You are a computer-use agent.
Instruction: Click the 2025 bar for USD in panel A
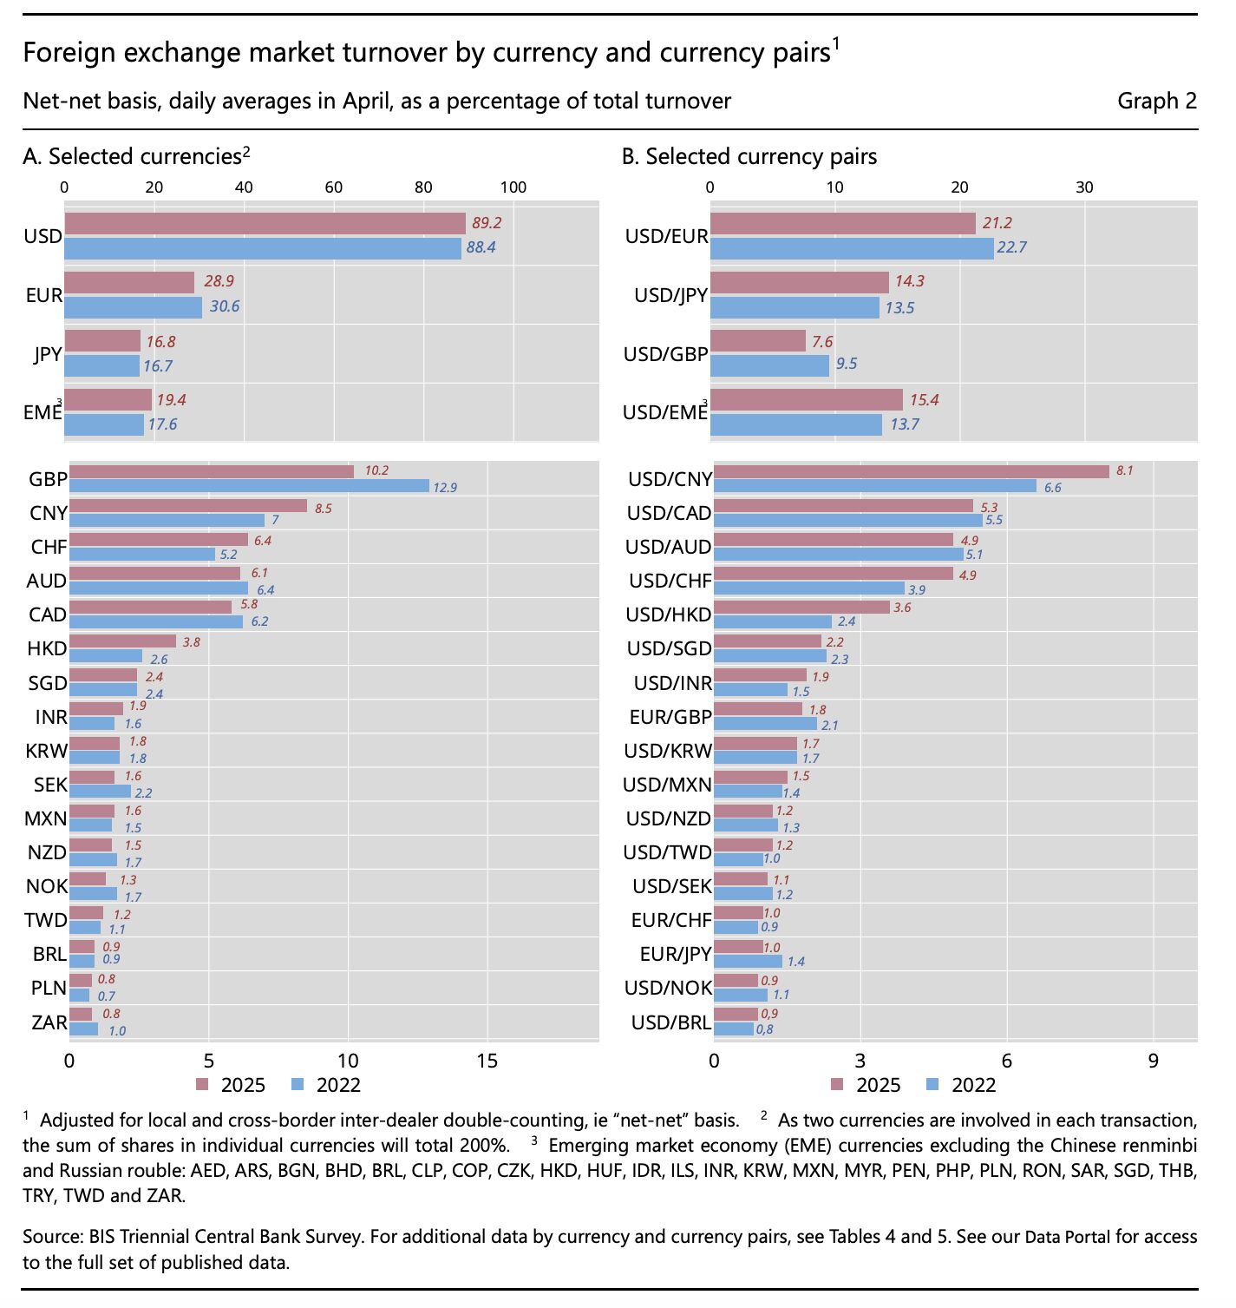pyautogui.click(x=265, y=224)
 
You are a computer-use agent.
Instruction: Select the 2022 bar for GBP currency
pyautogui.click(x=249, y=486)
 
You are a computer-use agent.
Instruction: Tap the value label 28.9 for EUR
pyautogui.click(x=219, y=281)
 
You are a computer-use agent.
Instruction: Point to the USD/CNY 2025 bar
pyautogui.click(x=911, y=471)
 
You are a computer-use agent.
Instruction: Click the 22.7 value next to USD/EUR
pyautogui.click(x=1011, y=247)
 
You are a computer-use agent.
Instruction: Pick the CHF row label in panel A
pyautogui.click(x=49, y=547)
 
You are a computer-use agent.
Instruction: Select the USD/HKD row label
pyautogui.click(x=668, y=615)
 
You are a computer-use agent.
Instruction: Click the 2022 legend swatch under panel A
pyautogui.click(x=298, y=1084)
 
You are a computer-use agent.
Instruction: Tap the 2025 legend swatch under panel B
pyautogui.click(x=837, y=1084)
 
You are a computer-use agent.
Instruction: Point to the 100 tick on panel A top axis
pyautogui.click(x=513, y=187)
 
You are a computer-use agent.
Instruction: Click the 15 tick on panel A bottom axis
pyautogui.click(x=487, y=1061)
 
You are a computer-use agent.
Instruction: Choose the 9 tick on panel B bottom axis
pyautogui.click(x=1153, y=1061)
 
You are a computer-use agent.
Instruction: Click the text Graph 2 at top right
pyautogui.click(x=1156, y=102)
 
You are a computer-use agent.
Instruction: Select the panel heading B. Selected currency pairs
pyautogui.click(x=749, y=156)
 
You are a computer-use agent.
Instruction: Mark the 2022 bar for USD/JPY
pyautogui.click(x=794, y=308)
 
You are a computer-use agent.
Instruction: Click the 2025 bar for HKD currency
pyautogui.click(x=122, y=641)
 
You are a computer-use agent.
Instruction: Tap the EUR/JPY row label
pyautogui.click(x=675, y=954)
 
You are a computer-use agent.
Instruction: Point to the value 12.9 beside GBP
pyautogui.click(x=445, y=488)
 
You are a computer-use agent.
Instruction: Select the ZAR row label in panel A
pyautogui.click(x=49, y=1022)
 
